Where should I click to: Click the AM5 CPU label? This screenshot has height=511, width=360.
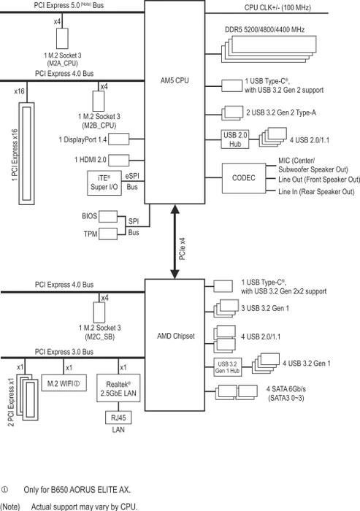[175, 80]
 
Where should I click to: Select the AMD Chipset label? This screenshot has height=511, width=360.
[176, 336]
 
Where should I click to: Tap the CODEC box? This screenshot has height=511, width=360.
[244, 178]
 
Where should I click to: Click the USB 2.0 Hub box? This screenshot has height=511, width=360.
[235, 139]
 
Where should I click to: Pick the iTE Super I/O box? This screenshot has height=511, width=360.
[104, 182]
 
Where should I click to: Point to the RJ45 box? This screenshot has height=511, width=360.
[118, 418]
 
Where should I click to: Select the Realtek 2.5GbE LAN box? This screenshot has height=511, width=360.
[118, 388]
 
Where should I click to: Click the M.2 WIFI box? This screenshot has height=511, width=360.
[64, 383]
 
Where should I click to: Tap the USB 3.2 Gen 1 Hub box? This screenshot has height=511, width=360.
[228, 367]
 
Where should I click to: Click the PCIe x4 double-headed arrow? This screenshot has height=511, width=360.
[175, 242]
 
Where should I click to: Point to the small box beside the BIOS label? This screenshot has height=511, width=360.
[108, 216]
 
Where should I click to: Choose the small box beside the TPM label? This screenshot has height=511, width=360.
[108, 234]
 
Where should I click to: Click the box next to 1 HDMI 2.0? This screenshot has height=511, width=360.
[119, 160]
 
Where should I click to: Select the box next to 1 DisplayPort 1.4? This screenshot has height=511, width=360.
[119, 139]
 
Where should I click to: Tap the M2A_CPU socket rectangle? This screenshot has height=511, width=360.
[62, 39]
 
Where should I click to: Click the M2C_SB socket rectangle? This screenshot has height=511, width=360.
[99, 312]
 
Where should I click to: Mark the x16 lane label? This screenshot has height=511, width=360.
[19, 91]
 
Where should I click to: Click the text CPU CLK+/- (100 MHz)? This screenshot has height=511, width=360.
[277, 7]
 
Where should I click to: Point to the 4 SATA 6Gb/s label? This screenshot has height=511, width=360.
[286, 389]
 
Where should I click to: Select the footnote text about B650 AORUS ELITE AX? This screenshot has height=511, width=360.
[77, 490]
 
